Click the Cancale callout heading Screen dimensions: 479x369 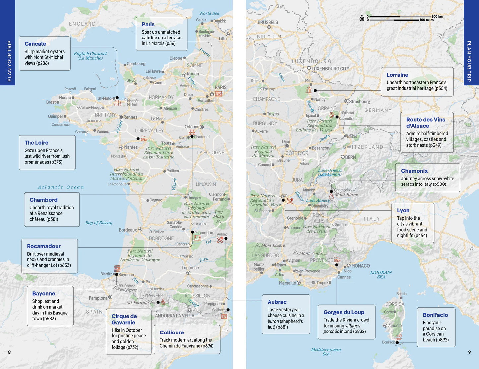tap(35, 44)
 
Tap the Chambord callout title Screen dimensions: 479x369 tap(43, 200)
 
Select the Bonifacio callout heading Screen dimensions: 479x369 tap(435, 315)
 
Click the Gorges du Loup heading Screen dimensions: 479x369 tap(344, 312)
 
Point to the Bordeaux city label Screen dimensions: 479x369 tap(128, 230)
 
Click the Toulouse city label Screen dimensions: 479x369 tap(190, 268)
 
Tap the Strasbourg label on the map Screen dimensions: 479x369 tap(359, 102)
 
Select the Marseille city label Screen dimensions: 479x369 tap(287, 283)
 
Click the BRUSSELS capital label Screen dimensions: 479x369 tap(268, 22)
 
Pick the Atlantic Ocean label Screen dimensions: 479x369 tap(61, 187)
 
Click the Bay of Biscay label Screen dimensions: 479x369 tap(98, 223)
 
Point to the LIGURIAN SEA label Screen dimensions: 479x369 tap(381, 274)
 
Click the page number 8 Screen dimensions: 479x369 tap(9, 352)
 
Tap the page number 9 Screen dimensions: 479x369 tap(469, 352)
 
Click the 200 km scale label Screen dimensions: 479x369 tap(437, 16)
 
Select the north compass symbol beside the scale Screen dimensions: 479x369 tap(362, 18)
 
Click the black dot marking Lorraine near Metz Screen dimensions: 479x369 tap(315, 90)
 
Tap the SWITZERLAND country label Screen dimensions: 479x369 tap(363, 147)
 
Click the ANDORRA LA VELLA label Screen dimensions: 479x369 tap(175, 316)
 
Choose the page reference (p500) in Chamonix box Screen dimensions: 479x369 tap(439, 184)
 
